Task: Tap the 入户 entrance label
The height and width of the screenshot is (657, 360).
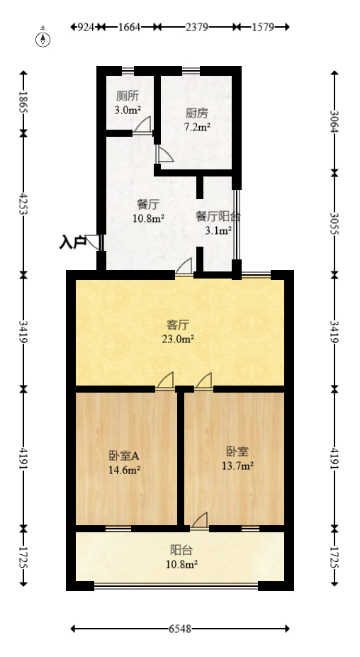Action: [x=72, y=242]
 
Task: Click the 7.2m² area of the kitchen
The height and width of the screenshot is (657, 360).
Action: [x=196, y=128]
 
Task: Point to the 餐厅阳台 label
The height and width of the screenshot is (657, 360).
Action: [x=218, y=217]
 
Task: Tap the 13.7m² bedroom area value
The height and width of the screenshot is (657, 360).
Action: [x=238, y=466]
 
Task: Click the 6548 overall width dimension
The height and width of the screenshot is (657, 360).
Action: [x=180, y=629]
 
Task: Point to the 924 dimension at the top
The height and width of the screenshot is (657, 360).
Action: [x=86, y=27]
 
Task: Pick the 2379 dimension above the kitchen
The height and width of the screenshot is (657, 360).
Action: [x=196, y=27]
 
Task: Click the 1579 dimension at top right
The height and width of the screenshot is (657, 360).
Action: [x=262, y=27]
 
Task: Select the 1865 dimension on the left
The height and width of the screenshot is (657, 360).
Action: [x=23, y=102]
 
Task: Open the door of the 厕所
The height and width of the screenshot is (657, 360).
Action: [x=142, y=125]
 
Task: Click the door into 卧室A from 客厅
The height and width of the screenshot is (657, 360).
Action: [x=166, y=381]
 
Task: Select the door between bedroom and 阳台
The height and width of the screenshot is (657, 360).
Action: [x=199, y=521]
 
